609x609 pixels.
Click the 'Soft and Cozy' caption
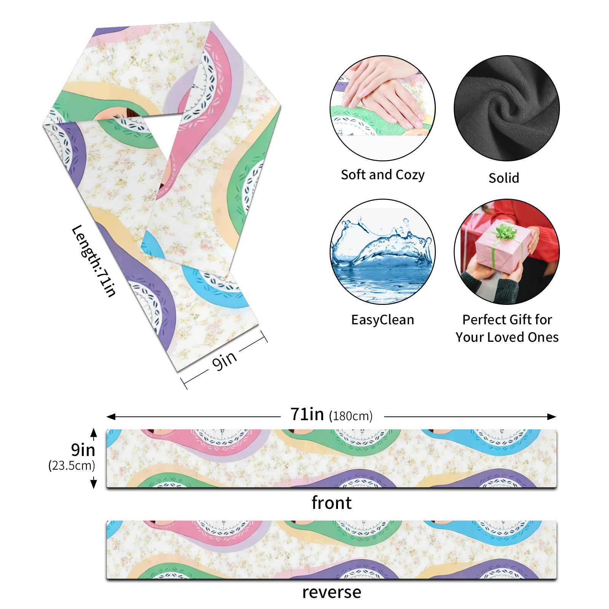click(383, 175)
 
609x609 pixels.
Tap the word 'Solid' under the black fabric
click(504, 178)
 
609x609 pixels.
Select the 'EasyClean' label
click(383, 320)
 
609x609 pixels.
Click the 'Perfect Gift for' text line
click(507, 320)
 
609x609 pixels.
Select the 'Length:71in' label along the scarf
click(94, 261)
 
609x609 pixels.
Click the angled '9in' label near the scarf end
click(225, 360)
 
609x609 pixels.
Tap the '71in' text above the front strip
click(307, 414)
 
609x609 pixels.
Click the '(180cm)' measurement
click(351, 416)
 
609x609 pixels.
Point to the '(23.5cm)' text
click(72, 465)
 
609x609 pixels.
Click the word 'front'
click(331, 503)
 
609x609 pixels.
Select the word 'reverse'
click(331, 592)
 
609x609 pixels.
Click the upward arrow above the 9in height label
click(94, 433)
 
